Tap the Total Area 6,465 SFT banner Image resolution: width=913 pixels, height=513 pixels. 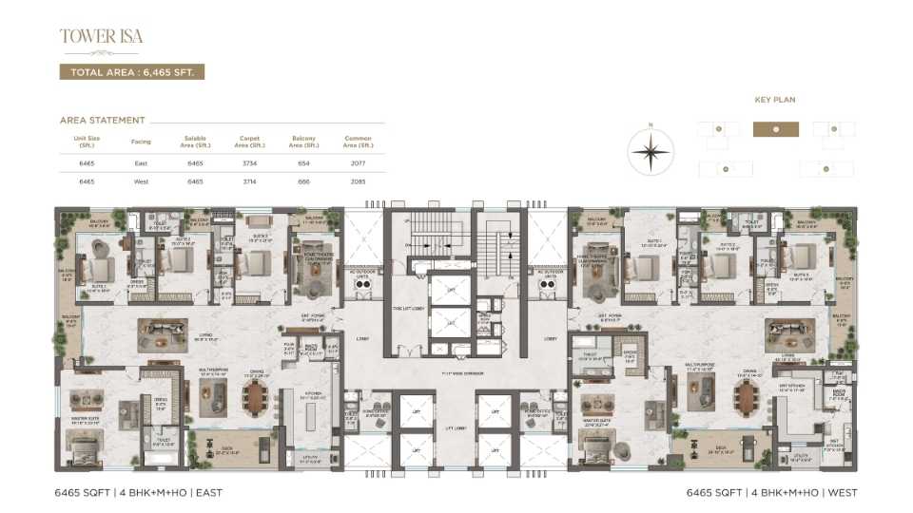pos(132,72)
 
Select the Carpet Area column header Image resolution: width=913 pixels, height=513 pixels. pos(249,142)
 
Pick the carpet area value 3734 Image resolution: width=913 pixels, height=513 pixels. pos(249,163)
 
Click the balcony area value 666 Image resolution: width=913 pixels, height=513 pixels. pos(303,180)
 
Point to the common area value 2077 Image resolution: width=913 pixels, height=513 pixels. pos(358,163)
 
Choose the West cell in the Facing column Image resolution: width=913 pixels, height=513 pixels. pos(141,180)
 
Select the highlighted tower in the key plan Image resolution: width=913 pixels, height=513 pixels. pos(776,129)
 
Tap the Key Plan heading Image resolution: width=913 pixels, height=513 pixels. pos(775,99)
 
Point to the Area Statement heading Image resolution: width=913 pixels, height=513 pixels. pos(103,121)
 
